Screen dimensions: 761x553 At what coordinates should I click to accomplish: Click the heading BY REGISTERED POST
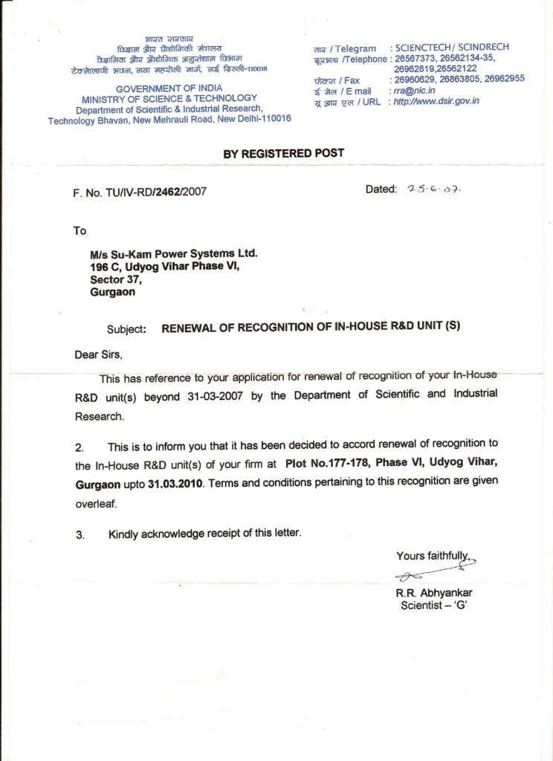coord(284,153)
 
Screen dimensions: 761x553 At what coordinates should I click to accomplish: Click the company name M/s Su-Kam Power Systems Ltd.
coord(173,254)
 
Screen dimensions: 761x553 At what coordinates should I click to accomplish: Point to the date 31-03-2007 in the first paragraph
coord(210,397)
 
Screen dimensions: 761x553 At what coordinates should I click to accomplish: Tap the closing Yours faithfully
coord(433,555)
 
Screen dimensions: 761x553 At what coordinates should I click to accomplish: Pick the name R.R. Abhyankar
coord(435,593)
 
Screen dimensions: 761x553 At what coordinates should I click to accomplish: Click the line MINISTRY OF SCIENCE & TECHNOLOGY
coord(169,98)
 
